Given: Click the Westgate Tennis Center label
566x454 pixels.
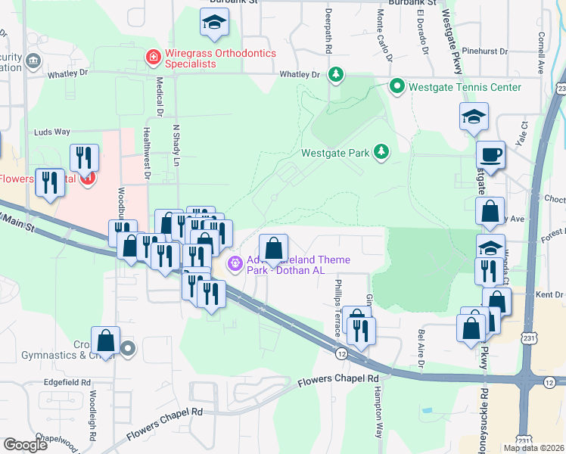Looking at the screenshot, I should (x=465, y=87).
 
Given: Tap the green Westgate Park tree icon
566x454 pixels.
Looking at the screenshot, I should (x=382, y=152).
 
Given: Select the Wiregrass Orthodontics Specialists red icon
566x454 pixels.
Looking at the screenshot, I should (x=153, y=57).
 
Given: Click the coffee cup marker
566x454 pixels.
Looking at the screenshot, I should (x=490, y=154).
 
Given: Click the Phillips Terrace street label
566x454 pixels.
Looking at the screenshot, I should (x=338, y=298).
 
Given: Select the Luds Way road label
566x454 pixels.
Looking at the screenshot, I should (x=52, y=132).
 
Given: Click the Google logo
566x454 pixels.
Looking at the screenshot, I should (x=25, y=444).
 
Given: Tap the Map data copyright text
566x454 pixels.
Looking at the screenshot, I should (x=534, y=448).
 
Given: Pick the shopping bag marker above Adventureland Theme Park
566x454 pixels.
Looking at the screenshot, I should (x=274, y=247).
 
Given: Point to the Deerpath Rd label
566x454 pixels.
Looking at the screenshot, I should (x=328, y=32).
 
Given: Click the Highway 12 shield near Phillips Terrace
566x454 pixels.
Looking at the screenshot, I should (x=342, y=353).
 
